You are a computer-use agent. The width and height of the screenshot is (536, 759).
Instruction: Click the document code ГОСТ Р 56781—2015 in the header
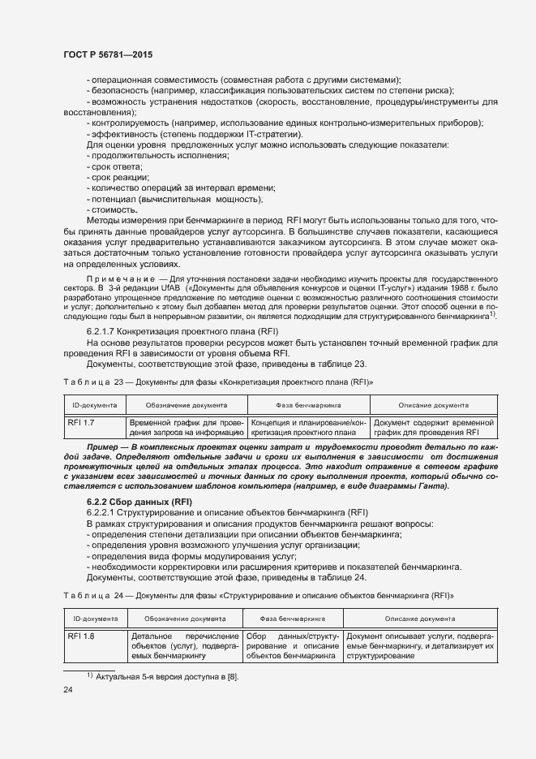pos(107,54)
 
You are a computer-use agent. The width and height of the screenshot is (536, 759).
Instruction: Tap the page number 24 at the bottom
pos(69,690)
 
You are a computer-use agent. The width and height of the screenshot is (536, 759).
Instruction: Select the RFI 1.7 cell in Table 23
pos(81,423)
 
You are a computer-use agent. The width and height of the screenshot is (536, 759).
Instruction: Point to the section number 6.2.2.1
pos(103,514)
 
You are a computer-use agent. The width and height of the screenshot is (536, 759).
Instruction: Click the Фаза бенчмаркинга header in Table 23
pos(308,404)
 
